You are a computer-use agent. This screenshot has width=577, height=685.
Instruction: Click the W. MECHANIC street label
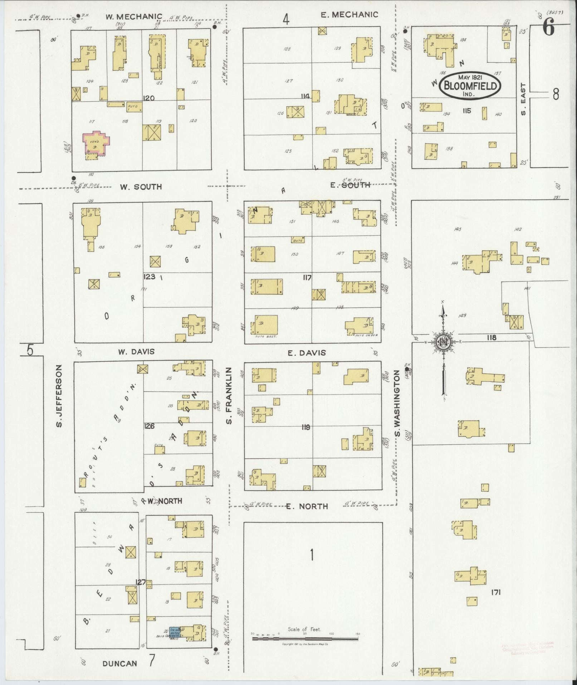pyautogui.click(x=134, y=16)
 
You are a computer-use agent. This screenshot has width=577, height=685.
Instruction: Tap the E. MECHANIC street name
pyautogui.click(x=349, y=14)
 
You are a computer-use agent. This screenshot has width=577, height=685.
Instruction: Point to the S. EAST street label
pyautogui.click(x=524, y=100)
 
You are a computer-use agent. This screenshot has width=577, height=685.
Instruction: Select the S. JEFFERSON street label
pyautogui.click(x=59, y=396)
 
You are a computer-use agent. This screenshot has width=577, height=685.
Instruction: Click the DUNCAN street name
pyautogui.click(x=119, y=663)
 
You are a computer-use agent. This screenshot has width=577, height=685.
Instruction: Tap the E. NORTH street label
pyautogui.click(x=307, y=506)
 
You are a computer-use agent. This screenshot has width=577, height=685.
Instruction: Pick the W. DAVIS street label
pyautogui.click(x=136, y=352)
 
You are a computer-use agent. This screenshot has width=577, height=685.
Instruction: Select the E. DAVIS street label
pyautogui.click(x=307, y=353)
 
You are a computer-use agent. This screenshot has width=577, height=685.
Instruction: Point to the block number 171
pyautogui.click(x=496, y=592)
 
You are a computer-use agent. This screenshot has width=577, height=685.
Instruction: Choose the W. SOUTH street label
pyautogui.click(x=141, y=187)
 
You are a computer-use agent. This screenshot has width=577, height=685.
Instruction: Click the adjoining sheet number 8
pyautogui.click(x=556, y=94)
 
